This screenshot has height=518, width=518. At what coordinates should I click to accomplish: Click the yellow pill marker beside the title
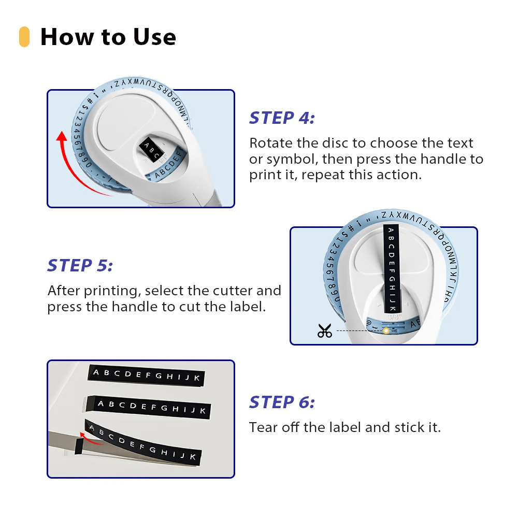pos(24,37)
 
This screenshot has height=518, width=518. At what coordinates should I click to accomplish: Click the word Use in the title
pos(154,37)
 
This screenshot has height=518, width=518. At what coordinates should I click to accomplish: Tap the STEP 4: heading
pos(282,118)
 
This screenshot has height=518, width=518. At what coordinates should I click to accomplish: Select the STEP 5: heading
pos(80,266)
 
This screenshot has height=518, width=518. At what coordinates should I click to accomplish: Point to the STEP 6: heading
pos(282,402)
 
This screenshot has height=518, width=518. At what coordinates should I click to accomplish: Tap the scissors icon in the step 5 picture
pos(324,330)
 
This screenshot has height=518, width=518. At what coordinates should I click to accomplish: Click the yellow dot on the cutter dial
pos(386,330)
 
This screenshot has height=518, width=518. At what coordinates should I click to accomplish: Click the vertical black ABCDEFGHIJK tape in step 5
pos(392,268)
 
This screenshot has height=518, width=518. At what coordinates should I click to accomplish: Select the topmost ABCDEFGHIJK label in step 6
pos(146,375)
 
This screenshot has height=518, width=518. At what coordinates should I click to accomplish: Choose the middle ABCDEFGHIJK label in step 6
pos(148,407)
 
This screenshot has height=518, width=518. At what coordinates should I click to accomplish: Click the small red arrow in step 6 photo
pos(89,437)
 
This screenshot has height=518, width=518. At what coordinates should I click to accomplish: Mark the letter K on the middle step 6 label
pos(203,411)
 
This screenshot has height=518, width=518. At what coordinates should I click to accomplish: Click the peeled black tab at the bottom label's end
pos(79,447)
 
